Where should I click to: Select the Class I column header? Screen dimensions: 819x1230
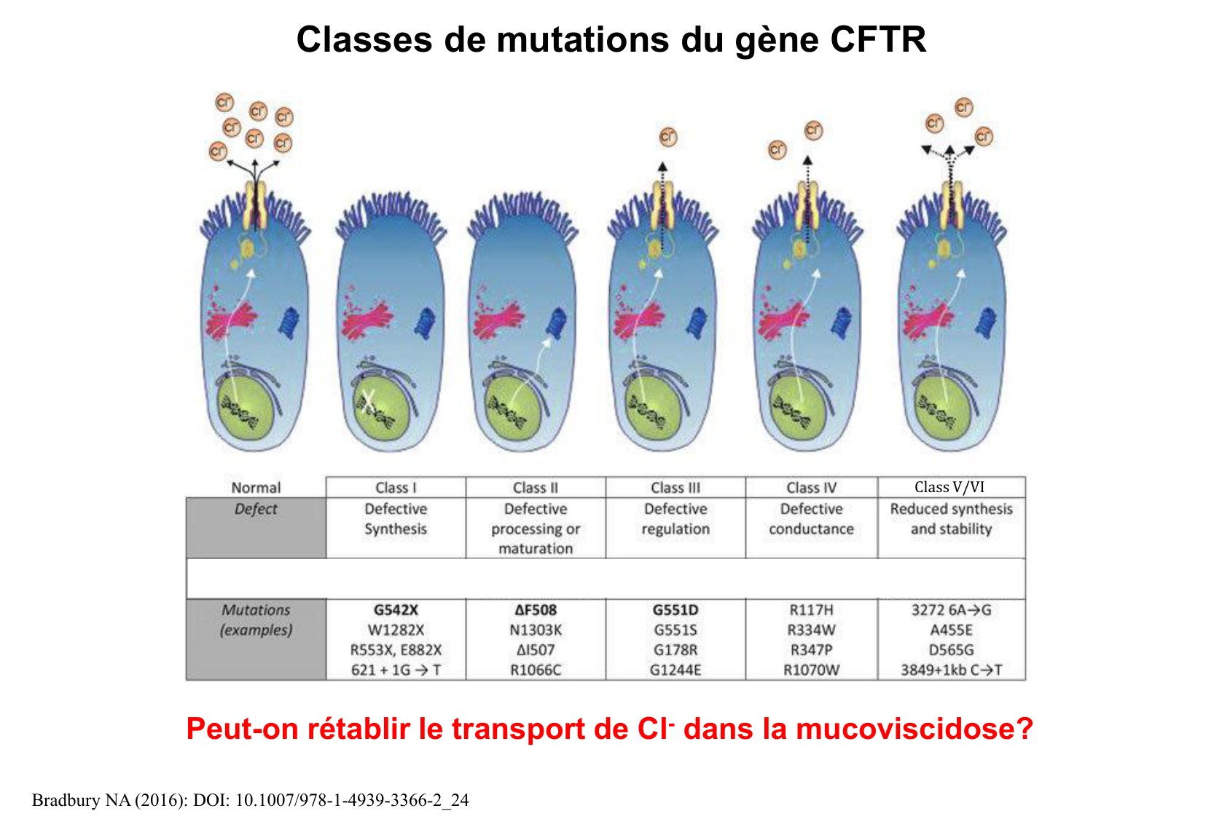396,487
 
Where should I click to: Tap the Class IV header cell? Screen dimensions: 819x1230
811,487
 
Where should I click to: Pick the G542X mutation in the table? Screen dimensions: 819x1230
396,610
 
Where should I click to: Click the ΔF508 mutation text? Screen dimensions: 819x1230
536,610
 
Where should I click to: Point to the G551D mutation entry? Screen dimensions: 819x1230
675,610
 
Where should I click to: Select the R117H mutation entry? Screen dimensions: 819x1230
811,610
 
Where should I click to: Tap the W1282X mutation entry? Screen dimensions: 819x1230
396,630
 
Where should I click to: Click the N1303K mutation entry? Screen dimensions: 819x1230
536,630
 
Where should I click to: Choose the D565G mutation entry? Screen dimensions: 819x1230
951,649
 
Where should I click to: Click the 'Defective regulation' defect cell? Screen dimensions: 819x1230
675,519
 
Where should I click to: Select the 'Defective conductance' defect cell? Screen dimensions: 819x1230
811,519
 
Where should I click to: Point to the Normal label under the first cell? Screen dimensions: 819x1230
256,488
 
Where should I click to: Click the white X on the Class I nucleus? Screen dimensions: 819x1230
369,400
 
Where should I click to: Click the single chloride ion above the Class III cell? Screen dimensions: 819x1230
667,137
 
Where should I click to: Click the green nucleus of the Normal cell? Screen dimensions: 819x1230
246,408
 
